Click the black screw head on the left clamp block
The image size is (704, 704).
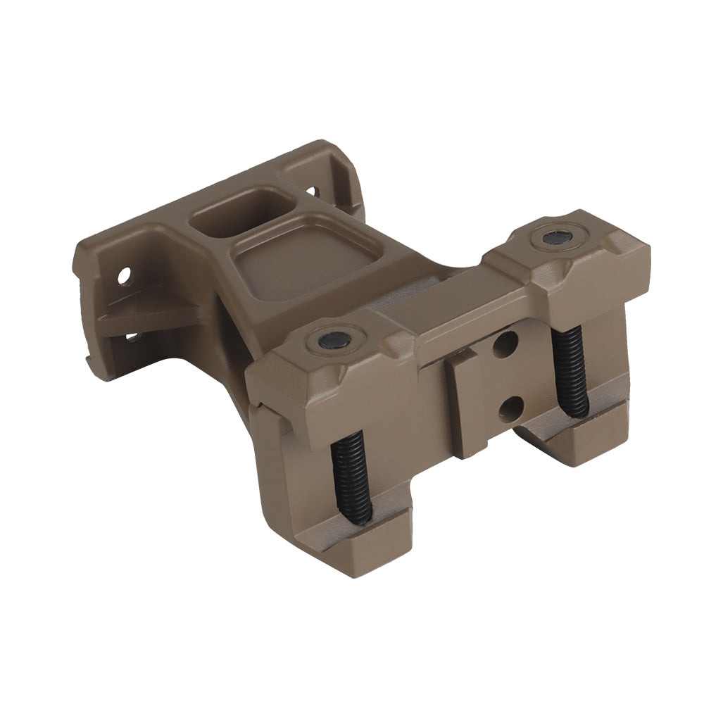[x=334, y=340]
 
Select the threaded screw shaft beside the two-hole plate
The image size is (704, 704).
[x=570, y=370]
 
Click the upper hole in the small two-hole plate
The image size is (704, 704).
[x=505, y=344]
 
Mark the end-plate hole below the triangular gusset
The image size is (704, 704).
[x=132, y=337]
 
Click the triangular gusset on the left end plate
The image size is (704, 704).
[x=151, y=310]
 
